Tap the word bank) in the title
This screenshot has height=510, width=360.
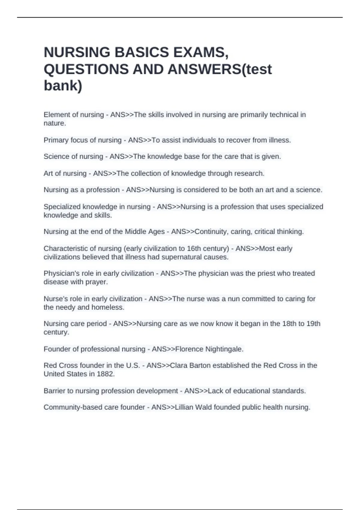point(63,85)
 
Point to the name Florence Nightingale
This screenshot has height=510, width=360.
point(209,349)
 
